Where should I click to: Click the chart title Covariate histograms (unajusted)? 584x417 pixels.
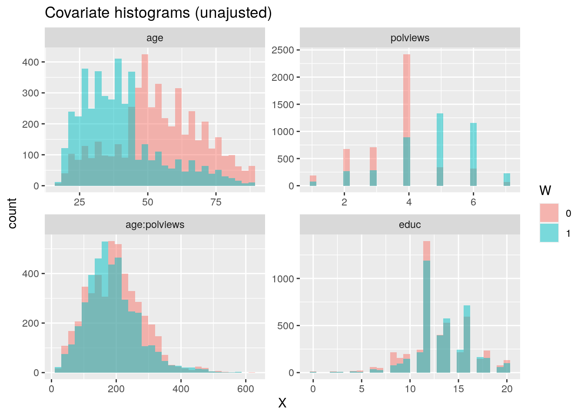[x=158, y=13]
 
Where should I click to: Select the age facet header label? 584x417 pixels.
[x=155, y=38]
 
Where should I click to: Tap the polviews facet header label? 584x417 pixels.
[x=410, y=38]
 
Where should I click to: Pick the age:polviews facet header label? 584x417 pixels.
[x=155, y=225]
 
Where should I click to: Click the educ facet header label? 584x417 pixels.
[x=410, y=225]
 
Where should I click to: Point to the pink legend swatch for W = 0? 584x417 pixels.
[x=549, y=213]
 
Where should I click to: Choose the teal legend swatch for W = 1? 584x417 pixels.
[x=549, y=233]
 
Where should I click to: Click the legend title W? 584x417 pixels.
[x=545, y=190]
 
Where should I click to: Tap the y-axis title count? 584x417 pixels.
[x=13, y=213]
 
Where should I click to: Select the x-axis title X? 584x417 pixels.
[x=282, y=404]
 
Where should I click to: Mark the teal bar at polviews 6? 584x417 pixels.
[x=473, y=148]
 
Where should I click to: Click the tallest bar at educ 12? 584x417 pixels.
[x=427, y=304]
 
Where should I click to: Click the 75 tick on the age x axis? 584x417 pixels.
[x=216, y=202]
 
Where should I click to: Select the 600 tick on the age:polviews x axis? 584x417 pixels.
[x=246, y=389]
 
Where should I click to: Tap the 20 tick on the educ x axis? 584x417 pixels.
[x=507, y=389]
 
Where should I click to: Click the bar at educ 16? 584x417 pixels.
[x=467, y=339]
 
